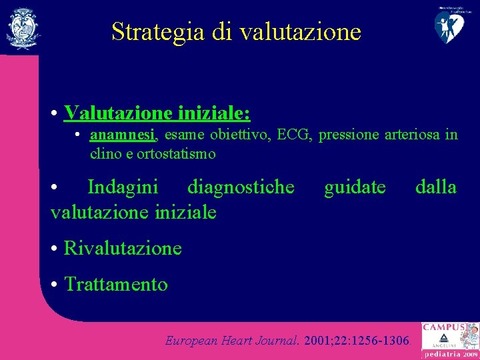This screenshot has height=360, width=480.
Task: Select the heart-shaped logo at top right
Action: coord(451,25)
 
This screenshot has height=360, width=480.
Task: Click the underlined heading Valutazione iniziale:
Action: coord(157,113)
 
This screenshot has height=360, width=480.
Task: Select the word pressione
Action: coord(349,135)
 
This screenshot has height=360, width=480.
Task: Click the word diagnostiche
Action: coord(241,187)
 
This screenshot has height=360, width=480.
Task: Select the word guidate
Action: coord(355,187)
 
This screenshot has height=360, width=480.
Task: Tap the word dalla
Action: coord(436,187)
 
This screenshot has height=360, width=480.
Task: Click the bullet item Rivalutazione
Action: coord(123,248)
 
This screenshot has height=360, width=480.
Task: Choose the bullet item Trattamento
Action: coord(116,285)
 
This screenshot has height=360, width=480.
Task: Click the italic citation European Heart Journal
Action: coord(232,341)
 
